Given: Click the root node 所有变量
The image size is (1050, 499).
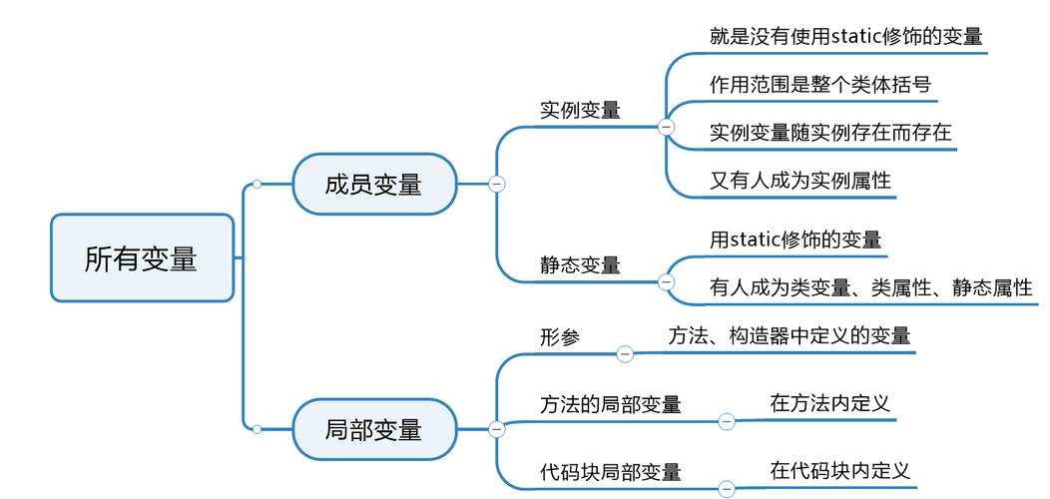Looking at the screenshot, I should (x=142, y=258).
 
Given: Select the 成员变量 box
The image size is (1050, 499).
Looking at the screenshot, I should (x=373, y=185).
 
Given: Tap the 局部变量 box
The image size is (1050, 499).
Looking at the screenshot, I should (x=373, y=430).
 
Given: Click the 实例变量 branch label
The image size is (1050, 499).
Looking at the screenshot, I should (x=580, y=110).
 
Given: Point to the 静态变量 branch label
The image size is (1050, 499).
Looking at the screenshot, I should (x=580, y=264).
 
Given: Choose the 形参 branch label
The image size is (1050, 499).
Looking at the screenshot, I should (x=560, y=337).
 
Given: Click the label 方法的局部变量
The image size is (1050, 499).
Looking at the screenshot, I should (x=611, y=404).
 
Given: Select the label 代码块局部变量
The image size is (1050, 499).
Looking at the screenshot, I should (x=611, y=471).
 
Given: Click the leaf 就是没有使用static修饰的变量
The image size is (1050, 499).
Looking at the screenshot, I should (x=846, y=36).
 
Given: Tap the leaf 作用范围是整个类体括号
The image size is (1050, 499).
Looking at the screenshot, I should (x=820, y=84).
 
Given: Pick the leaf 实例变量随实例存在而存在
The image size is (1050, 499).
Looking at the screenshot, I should (x=830, y=132).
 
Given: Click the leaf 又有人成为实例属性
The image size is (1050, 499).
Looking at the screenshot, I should (x=800, y=181).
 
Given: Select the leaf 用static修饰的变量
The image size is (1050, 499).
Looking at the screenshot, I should (x=795, y=240).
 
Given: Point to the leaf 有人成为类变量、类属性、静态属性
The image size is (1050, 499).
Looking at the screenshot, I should (x=870, y=287).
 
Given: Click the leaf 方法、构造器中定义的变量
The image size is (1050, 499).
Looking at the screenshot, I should (x=788, y=335).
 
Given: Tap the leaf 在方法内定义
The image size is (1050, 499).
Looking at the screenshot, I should (x=829, y=403).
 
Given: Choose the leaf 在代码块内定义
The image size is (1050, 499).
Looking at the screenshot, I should (x=839, y=469).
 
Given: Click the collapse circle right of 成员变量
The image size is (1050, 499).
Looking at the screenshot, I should (x=496, y=184).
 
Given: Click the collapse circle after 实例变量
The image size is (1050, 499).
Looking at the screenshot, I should (x=667, y=127).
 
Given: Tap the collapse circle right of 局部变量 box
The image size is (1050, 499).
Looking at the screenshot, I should (x=496, y=429).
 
